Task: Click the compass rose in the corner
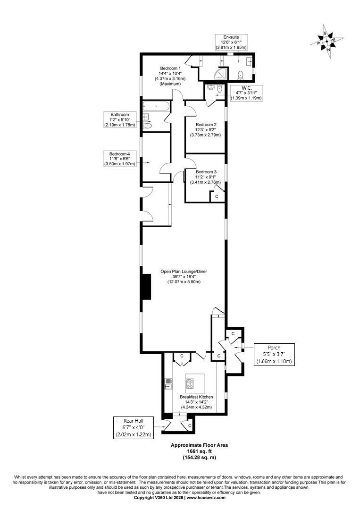[327, 41]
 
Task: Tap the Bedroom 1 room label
[170, 76]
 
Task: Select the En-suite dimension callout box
[231, 42]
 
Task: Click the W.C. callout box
[246, 93]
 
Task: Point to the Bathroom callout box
[119, 119]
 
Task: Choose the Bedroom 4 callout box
[119, 159]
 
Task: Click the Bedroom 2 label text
[206, 129]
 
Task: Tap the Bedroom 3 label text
[206, 177]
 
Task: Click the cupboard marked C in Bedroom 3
[217, 196]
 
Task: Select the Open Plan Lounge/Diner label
[184, 276]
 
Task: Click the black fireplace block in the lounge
[147, 287]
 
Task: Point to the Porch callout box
[274, 354]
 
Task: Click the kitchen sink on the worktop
[168, 384]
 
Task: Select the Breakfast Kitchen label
[197, 402]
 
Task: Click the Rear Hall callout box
[133, 427]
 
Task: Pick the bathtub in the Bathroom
[156, 106]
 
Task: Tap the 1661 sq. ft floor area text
[199, 451]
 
